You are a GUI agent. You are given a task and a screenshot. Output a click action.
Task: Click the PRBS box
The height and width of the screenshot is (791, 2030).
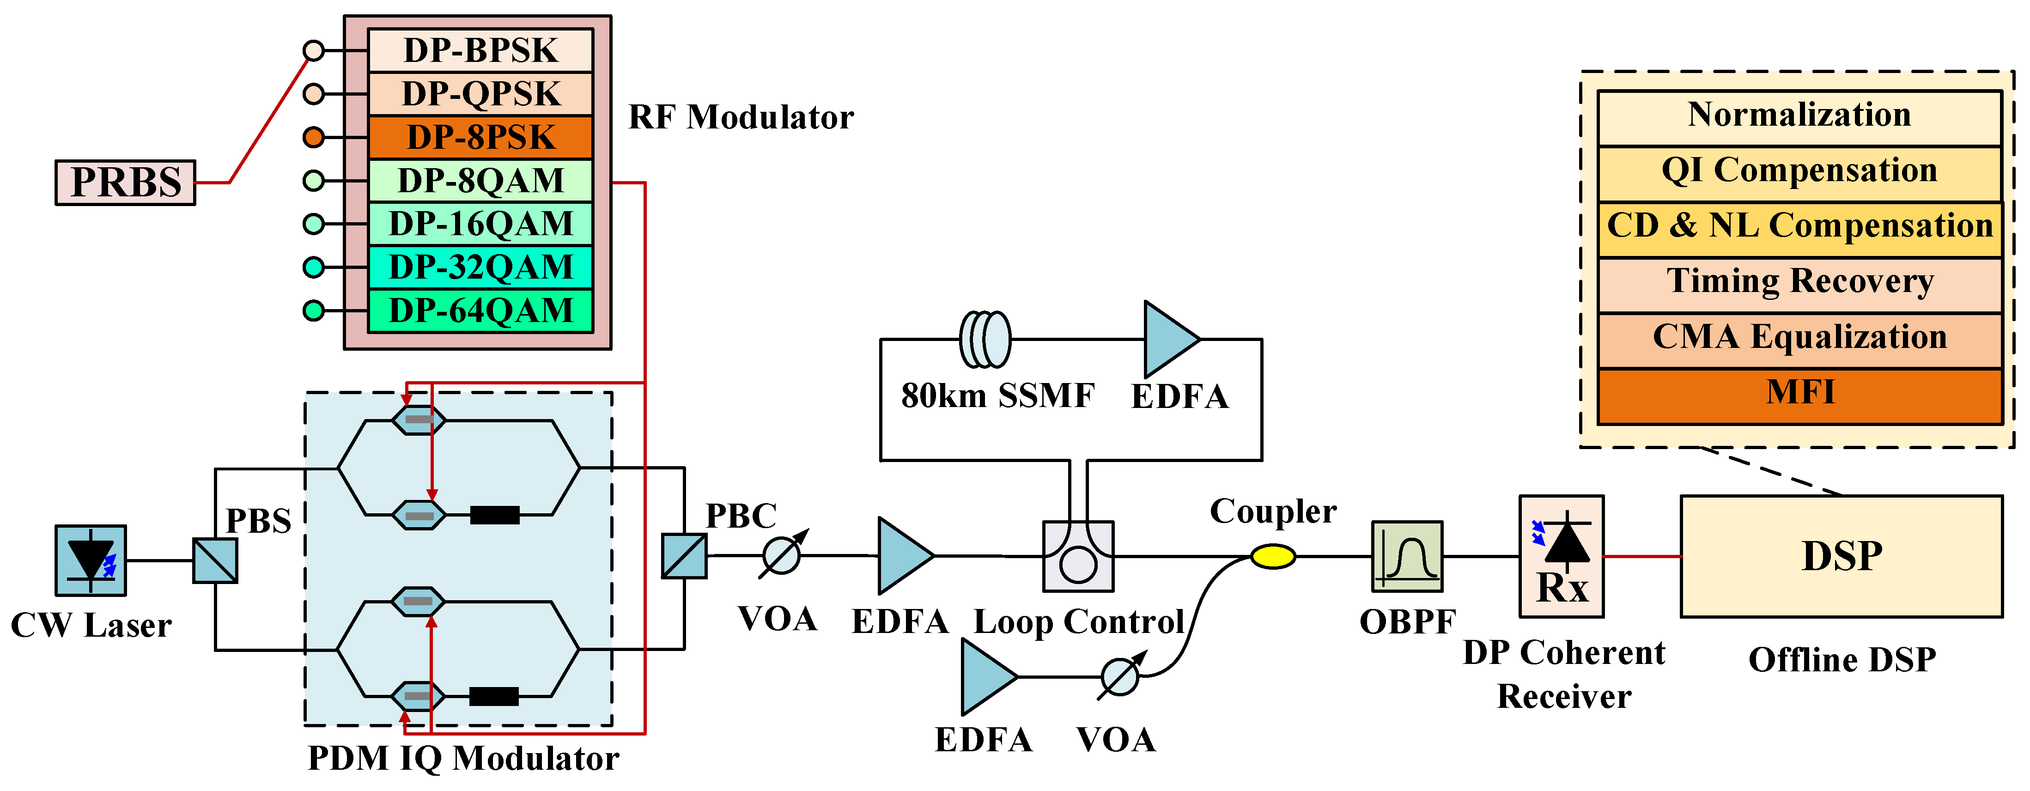tap(125, 183)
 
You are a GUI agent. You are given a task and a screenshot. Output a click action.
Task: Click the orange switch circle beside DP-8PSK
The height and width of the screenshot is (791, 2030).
tap(314, 137)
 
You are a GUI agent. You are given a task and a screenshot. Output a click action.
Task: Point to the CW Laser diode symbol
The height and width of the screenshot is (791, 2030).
tap(91, 560)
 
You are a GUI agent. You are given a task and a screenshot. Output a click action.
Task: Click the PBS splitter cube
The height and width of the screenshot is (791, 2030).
tap(215, 560)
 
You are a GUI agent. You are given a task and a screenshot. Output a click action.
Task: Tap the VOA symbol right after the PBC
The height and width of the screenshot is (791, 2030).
tap(782, 555)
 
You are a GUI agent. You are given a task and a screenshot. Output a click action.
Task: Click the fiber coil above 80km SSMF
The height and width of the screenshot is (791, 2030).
tap(985, 340)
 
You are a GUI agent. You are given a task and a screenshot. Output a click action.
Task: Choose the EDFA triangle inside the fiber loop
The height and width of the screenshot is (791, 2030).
tap(1169, 340)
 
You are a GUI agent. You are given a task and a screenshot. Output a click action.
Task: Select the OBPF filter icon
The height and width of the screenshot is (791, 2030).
tap(1407, 556)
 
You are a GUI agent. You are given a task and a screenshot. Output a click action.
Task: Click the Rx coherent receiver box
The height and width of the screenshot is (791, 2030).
tap(1561, 556)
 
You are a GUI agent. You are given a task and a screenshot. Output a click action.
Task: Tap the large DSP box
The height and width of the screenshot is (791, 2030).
tap(1842, 556)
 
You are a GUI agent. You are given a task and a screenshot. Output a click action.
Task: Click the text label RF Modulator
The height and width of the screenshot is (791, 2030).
tap(741, 117)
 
